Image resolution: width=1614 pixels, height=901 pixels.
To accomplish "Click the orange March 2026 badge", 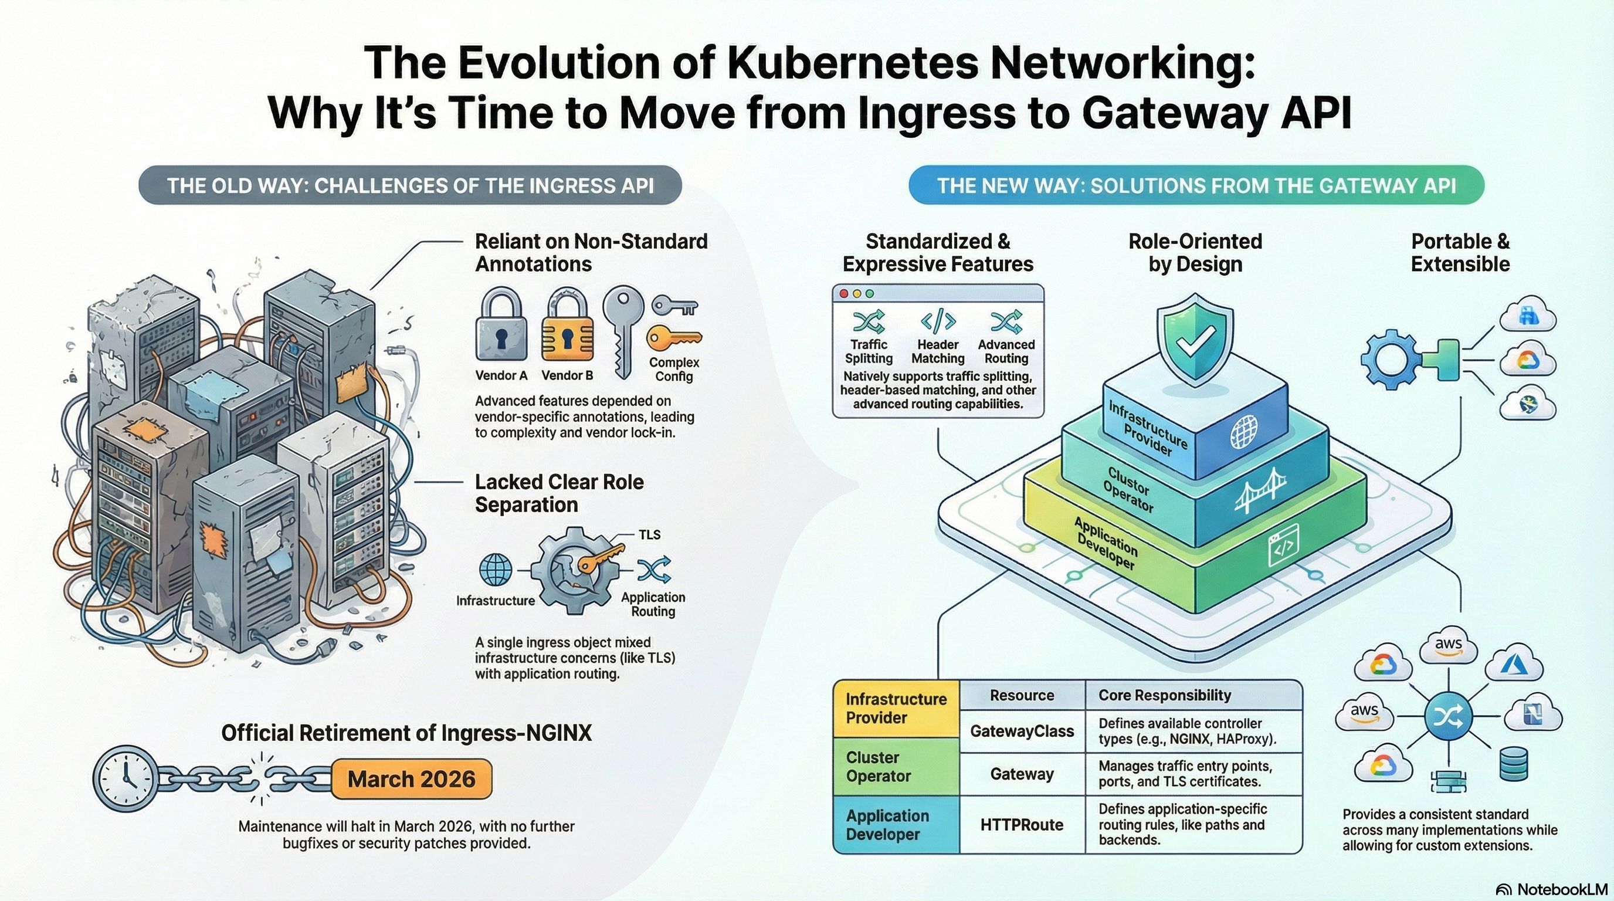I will pos(411,779).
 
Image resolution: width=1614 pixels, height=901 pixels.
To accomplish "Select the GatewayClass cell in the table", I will pos(1022,731).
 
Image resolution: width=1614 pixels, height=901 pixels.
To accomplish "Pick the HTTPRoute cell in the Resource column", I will pos(1022,825).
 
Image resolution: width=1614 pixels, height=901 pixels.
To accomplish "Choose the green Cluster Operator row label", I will pos(896,766).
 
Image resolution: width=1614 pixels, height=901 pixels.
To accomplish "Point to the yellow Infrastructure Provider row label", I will pos(896,708).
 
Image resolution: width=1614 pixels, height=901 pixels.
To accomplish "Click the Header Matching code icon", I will pos(937,321).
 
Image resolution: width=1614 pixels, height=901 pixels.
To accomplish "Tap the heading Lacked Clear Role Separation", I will pos(559,493).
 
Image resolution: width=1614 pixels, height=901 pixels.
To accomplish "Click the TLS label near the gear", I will pos(649,534).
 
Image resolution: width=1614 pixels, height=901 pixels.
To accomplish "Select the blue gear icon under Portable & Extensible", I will pos(1389,359).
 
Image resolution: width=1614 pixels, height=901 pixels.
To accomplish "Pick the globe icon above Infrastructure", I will pos(495,570).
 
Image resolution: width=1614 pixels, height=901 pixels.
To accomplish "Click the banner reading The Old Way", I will pos(410,185).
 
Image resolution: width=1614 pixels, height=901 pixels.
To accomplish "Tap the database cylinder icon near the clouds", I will pos(1513,764).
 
